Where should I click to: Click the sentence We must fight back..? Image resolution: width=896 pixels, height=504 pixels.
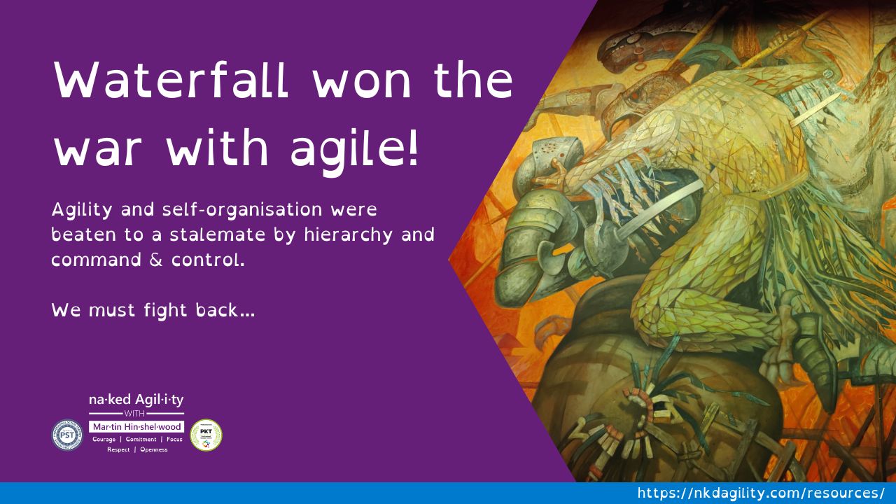(153, 309)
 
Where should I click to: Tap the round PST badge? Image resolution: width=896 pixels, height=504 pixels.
(67, 434)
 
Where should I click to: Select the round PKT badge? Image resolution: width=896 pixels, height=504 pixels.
(206, 435)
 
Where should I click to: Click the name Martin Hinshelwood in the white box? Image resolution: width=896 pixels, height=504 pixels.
(136, 426)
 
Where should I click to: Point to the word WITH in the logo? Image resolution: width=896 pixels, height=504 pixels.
(136, 414)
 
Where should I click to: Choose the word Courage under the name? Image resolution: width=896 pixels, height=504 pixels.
(104, 439)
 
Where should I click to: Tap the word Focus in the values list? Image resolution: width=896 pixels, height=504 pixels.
(174, 439)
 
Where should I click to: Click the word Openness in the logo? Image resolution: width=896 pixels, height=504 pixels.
(153, 449)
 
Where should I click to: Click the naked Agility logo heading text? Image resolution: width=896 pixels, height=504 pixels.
(136, 400)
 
